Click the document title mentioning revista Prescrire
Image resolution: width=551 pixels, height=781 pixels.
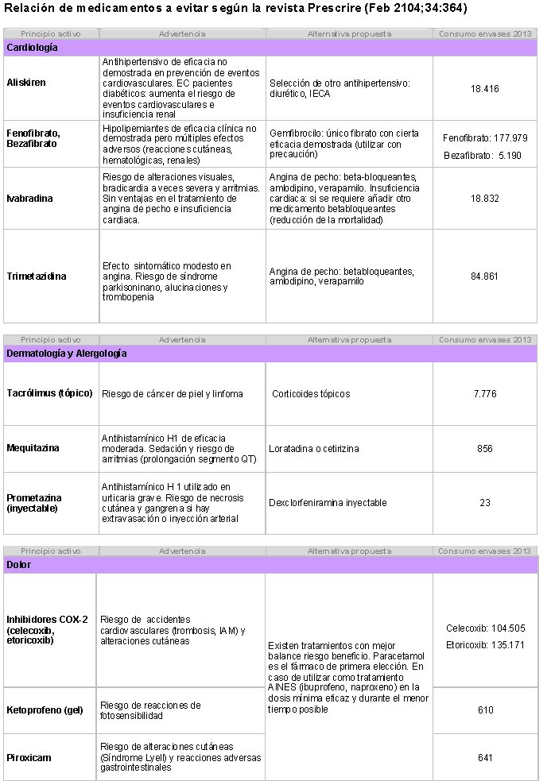click(x=235, y=9)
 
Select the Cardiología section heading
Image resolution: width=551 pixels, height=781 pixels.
click(x=32, y=48)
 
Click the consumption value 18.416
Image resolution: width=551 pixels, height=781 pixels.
click(x=484, y=89)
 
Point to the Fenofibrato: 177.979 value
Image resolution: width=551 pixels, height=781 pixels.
click(x=484, y=138)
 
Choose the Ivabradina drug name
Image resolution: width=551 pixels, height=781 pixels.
click(x=30, y=199)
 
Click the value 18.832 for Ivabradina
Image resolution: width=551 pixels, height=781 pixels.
click(x=484, y=199)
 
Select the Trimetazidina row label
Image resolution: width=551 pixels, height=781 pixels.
click(x=37, y=276)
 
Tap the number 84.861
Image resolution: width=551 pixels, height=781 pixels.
click(x=484, y=276)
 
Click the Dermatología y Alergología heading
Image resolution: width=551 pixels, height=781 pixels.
click(x=66, y=354)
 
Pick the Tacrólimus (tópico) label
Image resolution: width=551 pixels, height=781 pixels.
click(x=49, y=393)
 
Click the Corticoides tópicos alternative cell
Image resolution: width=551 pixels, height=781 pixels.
click(x=311, y=394)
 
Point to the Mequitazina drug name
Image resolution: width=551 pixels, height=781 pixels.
click(x=33, y=448)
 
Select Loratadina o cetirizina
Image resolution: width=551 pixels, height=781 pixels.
click(x=313, y=449)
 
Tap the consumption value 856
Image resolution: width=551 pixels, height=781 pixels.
click(x=484, y=449)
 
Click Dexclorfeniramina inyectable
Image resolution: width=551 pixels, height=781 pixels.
click(x=328, y=503)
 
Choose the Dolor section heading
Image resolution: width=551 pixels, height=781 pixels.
click(x=19, y=565)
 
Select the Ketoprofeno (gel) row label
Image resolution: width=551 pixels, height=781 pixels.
click(x=45, y=709)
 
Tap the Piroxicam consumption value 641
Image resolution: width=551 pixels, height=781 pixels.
click(x=485, y=757)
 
